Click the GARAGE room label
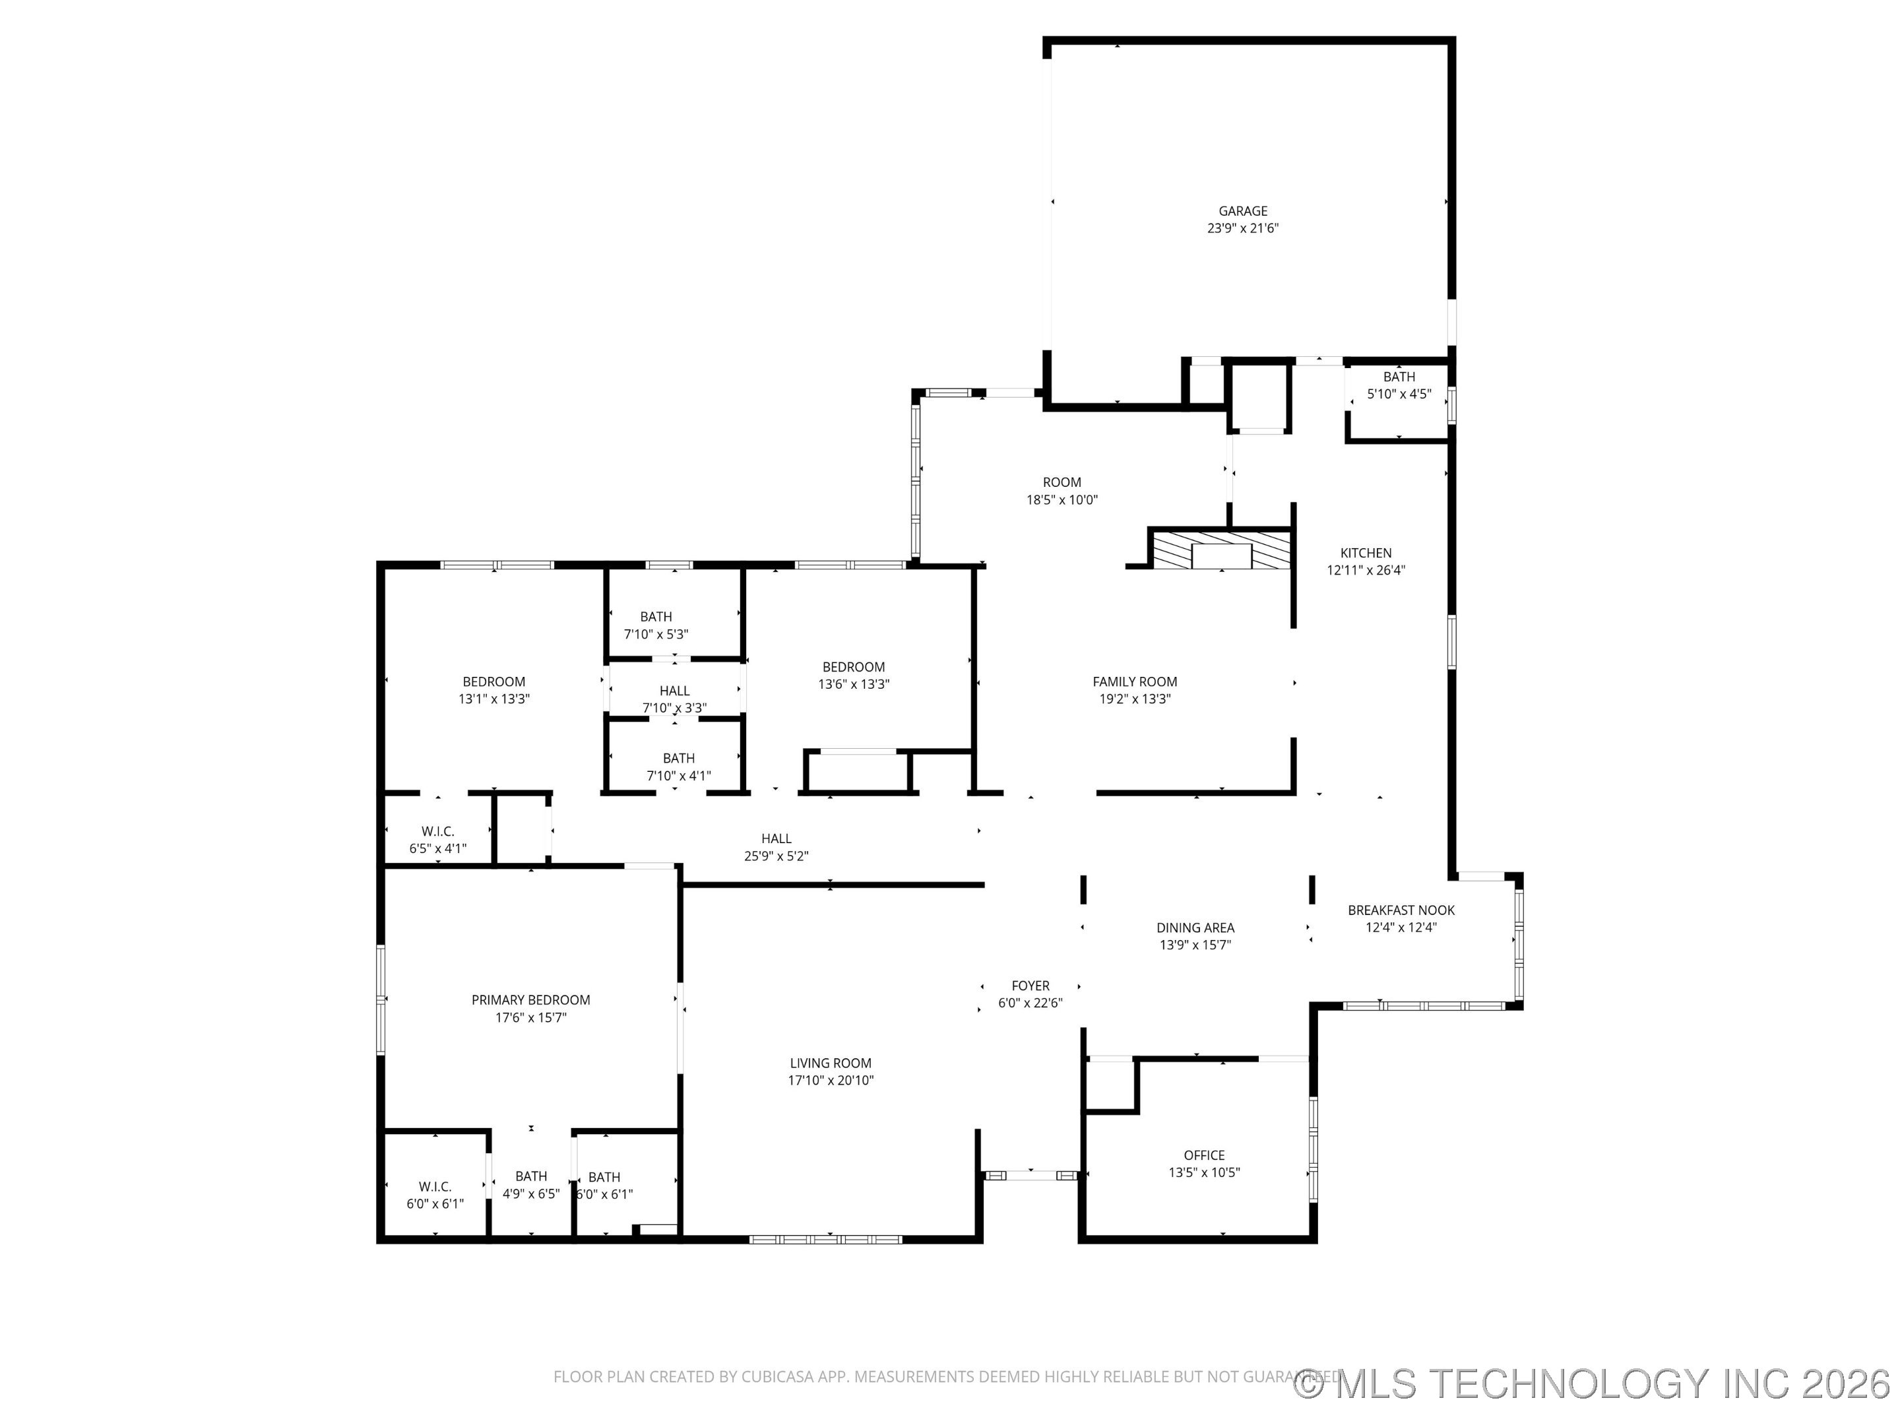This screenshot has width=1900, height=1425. coord(1243,211)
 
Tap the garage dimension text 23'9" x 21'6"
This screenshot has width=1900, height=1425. coord(1243,228)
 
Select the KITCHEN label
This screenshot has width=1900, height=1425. coord(1366,553)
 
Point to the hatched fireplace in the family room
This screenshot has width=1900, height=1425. coord(1221,550)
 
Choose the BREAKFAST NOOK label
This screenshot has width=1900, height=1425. coord(1401,910)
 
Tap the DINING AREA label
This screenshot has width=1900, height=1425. coord(1195,928)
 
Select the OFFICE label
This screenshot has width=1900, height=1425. coord(1204,1155)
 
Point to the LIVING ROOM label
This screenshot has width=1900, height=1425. coord(831,1063)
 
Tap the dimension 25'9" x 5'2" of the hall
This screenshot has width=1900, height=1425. coord(776,856)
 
